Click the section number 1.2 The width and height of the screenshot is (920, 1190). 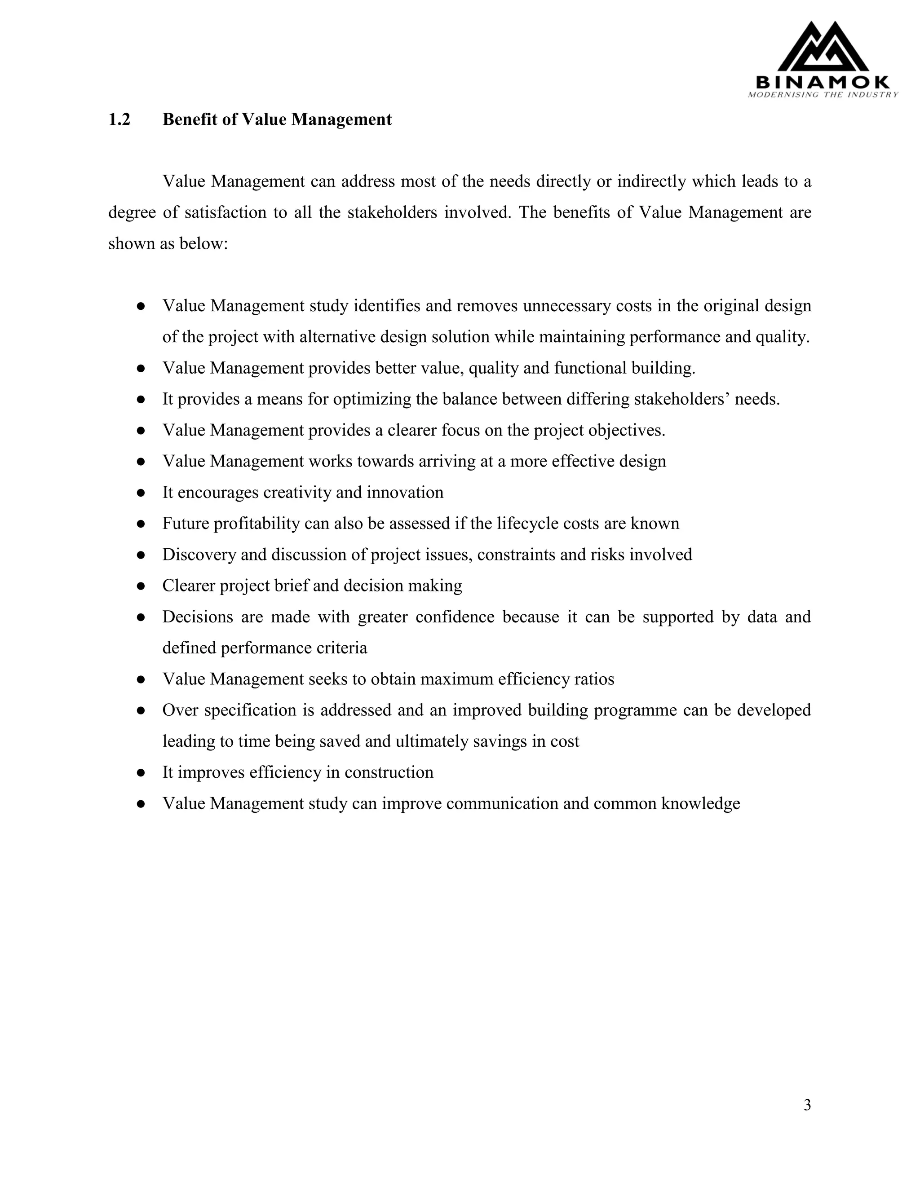pyautogui.click(x=119, y=119)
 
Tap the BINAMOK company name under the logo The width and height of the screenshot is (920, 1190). pyautogui.click(x=823, y=83)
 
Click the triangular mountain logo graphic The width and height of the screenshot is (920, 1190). pyautogui.click(x=823, y=48)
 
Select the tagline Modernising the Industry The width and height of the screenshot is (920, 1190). pyautogui.click(x=823, y=95)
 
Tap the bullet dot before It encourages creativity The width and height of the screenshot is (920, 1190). pyautogui.click(x=141, y=493)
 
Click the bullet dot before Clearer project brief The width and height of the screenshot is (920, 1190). pyautogui.click(x=141, y=586)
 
